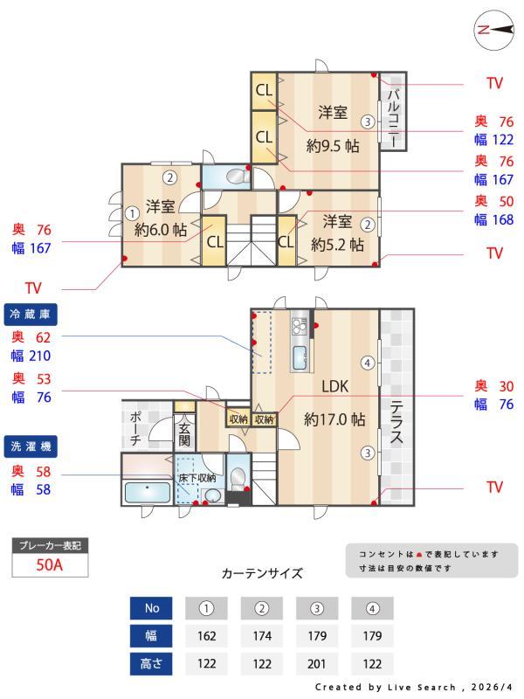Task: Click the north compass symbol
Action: (x=492, y=29)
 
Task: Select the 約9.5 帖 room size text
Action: (x=333, y=146)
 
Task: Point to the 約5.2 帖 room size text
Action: (x=337, y=246)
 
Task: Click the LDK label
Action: (x=334, y=386)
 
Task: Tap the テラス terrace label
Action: (x=396, y=422)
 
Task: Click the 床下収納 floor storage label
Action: (x=197, y=478)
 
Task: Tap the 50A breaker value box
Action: (x=50, y=564)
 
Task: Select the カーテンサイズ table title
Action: (x=262, y=574)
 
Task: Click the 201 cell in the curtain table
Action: (x=317, y=664)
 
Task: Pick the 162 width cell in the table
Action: (x=207, y=636)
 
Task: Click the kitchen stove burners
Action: (x=299, y=326)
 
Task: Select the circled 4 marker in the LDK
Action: (x=369, y=363)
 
